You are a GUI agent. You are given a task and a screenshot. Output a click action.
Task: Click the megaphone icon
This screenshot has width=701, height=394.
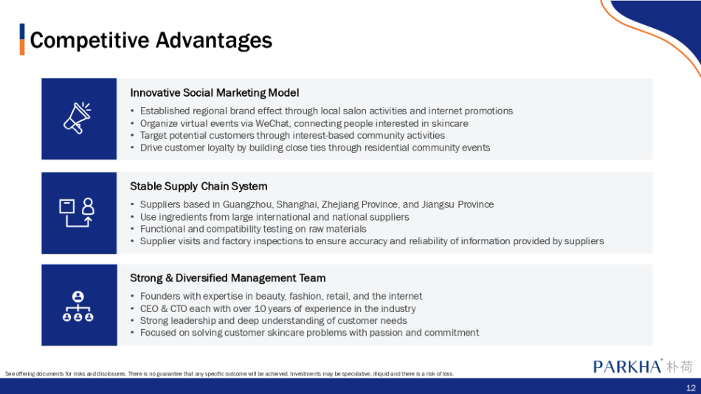pyautogui.click(x=77, y=118)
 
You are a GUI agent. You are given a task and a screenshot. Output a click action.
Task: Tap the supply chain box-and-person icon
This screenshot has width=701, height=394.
pyautogui.click(x=77, y=212)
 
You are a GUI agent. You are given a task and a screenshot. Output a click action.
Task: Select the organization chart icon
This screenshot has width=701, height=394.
pyautogui.click(x=77, y=306)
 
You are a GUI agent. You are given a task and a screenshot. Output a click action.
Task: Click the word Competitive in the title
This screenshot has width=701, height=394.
pyautogui.click(x=89, y=41)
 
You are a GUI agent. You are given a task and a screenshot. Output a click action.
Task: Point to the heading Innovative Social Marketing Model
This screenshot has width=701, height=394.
pyautogui.click(x=214, y=92)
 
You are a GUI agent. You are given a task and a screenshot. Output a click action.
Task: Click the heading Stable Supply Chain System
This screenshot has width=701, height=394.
pyautogui.click(x=198, y=186)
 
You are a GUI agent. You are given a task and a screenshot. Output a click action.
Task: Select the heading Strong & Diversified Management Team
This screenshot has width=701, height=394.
pyautogui.click(x=227, y=277)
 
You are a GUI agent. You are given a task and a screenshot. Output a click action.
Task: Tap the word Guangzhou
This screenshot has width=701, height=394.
pyautogui.click(x=248, y=204)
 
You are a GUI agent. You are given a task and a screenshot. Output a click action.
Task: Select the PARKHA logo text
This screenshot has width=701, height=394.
pyautogui.click(x=627, y=366)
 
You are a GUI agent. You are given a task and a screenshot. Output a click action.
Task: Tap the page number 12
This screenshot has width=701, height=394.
pyautogui.click(x=691, y=388)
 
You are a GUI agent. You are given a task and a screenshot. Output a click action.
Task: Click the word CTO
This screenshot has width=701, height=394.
pyautogui.click(x=179, y=308)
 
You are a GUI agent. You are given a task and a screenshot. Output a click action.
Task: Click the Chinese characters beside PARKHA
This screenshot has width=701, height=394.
pyautogui.click(x=680, y=366)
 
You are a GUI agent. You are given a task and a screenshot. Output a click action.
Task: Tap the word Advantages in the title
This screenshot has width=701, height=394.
pyautogui.click(x=214, y=41)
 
